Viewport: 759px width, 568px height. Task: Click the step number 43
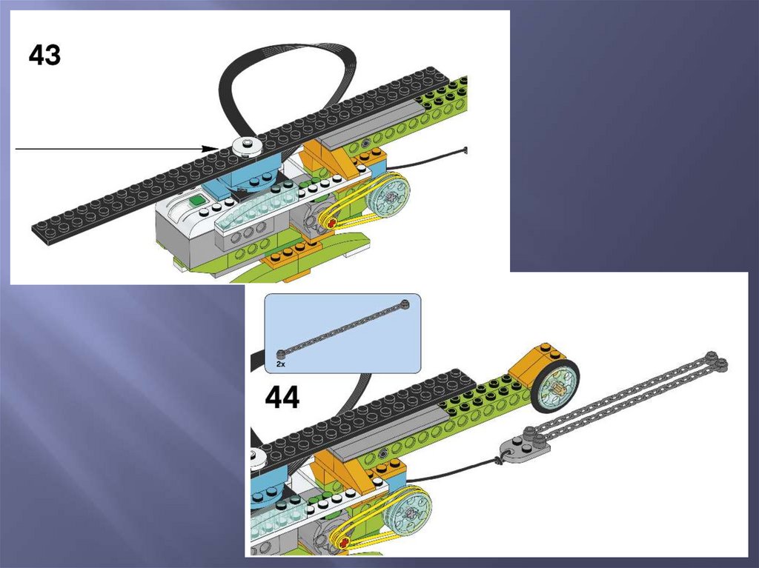pyautogui.click(x=44, y=55)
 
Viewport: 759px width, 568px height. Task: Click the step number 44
pyautogui.click(x=282, y=398)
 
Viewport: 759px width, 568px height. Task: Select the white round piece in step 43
pyautogui.click(x=246, y=147)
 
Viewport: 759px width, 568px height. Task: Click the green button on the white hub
pyautogui.click(x=196, y=199)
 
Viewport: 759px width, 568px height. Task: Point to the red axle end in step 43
pyautogui.click(x=332, y=223)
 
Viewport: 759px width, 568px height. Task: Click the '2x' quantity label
pyautogui.click(x=281, y=364)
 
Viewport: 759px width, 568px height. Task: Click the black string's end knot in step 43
pyautogui.click(x=465, y=150)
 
